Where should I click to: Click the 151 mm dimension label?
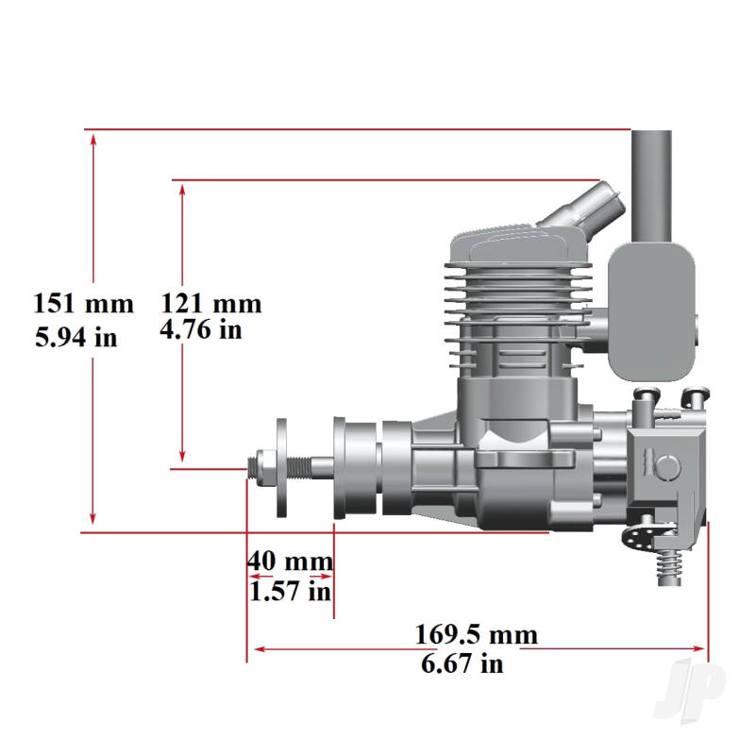click(83, 304)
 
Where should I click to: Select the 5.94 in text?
click(76, 337)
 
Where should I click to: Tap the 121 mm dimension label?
click(210, 304)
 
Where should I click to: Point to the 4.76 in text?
click(201, 329)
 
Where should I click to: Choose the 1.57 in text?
click(290, 592)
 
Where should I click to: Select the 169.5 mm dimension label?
click(477, 633)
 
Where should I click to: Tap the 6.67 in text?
click(462, 663)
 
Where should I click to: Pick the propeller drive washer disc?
click(282, 468)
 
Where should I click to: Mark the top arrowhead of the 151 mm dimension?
click(92, 138)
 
